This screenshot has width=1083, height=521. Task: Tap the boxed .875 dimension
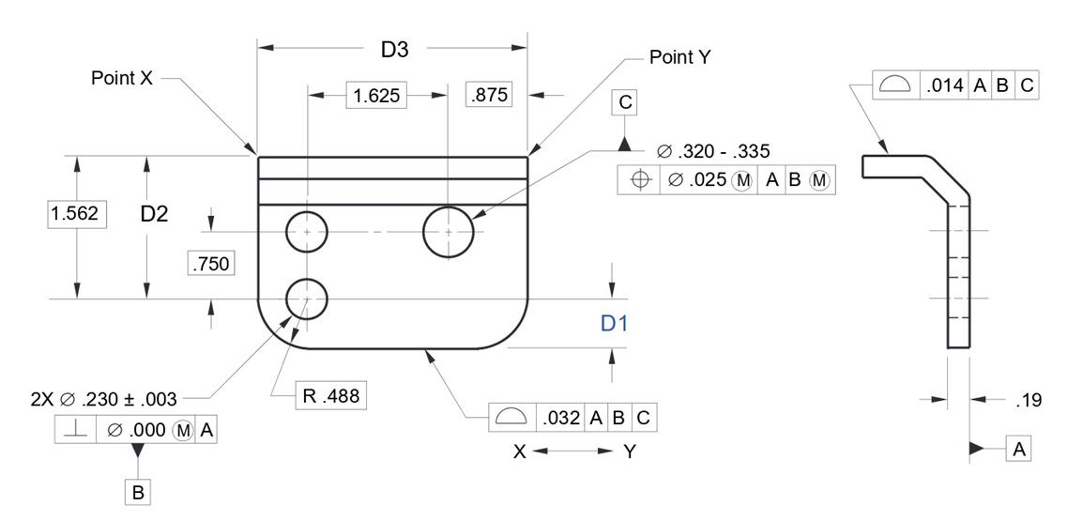[488, 95]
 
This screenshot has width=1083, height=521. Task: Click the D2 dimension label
[154, 214]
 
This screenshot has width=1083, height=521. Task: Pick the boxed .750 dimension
[210, 265]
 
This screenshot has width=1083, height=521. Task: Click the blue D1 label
[614, 324]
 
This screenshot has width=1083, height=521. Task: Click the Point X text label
[121, 78]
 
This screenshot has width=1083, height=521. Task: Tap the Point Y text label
[680, 57]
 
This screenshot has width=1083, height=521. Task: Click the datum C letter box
[624, 102]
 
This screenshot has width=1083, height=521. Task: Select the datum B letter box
[138, 491]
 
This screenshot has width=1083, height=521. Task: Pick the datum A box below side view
[1018, 450]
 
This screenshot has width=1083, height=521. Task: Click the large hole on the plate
[448, 231]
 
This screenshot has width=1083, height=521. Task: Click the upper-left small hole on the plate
[307, 231]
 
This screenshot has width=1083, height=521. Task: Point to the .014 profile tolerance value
[943, 85]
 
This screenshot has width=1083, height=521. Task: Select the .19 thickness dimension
[1029, 401]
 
